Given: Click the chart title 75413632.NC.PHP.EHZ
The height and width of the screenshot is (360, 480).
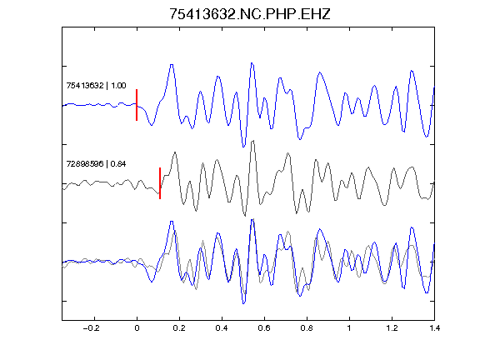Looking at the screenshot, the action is pyautogui.click(x=250, y=14).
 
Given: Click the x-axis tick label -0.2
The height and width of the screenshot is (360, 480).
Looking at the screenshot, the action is pyautogui.click(x=91, y=328).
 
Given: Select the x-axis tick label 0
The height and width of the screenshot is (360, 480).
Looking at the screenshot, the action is pyautogui.click(x=137, y=328).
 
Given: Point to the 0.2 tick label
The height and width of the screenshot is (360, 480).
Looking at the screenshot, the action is pyautogui.click(x=179, y=328).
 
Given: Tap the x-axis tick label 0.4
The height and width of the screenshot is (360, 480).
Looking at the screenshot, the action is pyautogui.click(x=222, y=328).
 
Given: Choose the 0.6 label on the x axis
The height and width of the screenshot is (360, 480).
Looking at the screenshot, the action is pyautogui.click(x=264, y=328).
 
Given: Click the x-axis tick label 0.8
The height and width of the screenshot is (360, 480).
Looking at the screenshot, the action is pyautogui.click(x=307, y=328).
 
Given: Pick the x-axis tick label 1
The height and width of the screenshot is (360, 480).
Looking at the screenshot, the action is pyautogui.click(x=349, y=328).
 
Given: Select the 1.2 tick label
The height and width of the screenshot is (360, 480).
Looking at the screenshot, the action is pyautogui.click(x=392, y=328).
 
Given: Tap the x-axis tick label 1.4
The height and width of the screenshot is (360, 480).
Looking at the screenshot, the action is pyautogui.click(x=434, y=328).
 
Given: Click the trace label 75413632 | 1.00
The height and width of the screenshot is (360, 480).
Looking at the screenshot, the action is pyautogui.click(x=96, y=85).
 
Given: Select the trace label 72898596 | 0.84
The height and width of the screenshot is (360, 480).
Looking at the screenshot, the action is pyautogui.click(x=96, y=164).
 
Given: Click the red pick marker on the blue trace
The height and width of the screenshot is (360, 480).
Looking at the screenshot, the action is pyautogui.click(x=137, y=105).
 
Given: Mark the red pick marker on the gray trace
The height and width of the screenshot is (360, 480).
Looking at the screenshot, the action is pyautogui.click(x=160, y=183).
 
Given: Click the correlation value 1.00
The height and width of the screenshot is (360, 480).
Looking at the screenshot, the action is pyautogui.click(x=118, y=85).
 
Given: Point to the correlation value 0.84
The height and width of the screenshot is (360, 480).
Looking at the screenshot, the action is pyautogui.click(x=118, y=164).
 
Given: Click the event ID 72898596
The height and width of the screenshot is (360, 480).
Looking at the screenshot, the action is pyautogui.click(x=85, y=164).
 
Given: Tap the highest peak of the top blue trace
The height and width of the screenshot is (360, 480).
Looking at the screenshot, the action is pyautogui.click(x=252, y=63).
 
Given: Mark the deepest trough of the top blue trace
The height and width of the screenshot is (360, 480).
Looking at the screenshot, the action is pyautogui.click(x=243, y=147).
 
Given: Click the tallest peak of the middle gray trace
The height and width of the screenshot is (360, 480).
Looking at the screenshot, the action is pyautogui.click(x=252, y=141).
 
